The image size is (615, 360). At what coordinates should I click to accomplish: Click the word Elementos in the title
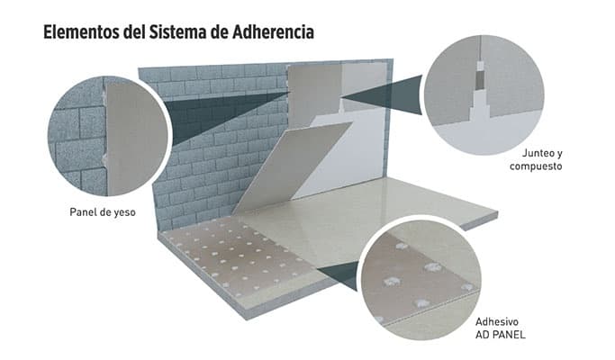coord(81,32)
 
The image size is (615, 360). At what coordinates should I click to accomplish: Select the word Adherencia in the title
coord(273,32)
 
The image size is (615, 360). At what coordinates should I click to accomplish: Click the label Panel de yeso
coord(103,212)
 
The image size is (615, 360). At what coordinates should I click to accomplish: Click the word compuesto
coord(536,166)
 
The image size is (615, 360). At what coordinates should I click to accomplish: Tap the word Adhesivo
coord(497,321)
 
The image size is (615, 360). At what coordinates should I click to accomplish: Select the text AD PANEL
coord(500,335)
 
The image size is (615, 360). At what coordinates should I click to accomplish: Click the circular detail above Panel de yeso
coord(108,136)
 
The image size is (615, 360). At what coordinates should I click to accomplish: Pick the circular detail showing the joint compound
coord(484,94)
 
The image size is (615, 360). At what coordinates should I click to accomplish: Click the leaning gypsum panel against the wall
coord(293,168)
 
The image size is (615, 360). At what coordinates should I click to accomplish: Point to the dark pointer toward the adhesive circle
coord(338,274)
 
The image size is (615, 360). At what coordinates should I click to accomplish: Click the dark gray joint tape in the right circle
coord(480,79)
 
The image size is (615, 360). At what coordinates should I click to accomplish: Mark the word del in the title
coord(134,32)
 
